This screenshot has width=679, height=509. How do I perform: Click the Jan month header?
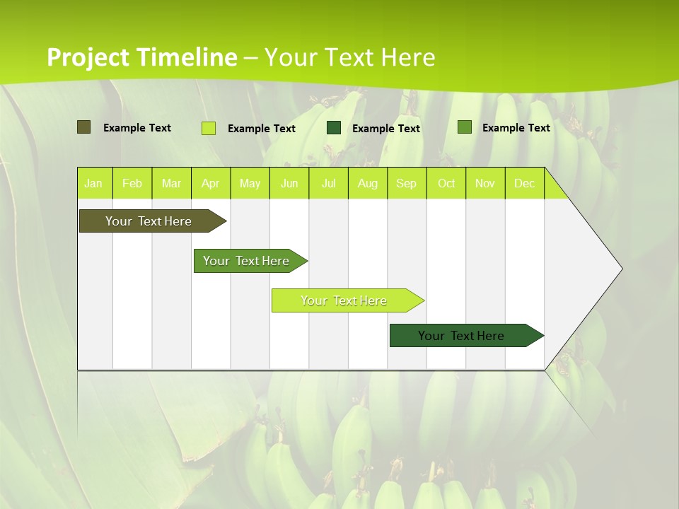click(x=93, y=184)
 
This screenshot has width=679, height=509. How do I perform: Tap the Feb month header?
click(x=132, y=184)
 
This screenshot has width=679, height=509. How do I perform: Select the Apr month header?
click(x=211, y=184)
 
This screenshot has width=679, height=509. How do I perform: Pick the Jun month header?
click(x=289, y=184)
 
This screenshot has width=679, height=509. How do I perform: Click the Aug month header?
click(x=368, y=184)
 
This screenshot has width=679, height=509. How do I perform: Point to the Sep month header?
click(x=407, y=184)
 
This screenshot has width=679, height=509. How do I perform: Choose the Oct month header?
click(x=446, y=184)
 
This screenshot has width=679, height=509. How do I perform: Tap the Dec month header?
click(x=525, y=184)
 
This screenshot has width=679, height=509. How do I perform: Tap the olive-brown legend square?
click(x=84, y=127)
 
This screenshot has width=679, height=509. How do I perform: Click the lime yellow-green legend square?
click(x=209, y=128)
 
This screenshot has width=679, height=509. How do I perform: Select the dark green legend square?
click(x=334, y=128)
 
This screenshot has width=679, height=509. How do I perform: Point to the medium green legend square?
click(x=465, y=127)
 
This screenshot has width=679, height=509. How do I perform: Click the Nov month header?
click(x=485, y=184)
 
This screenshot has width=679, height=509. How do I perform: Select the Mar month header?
click(x=171, y=184)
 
